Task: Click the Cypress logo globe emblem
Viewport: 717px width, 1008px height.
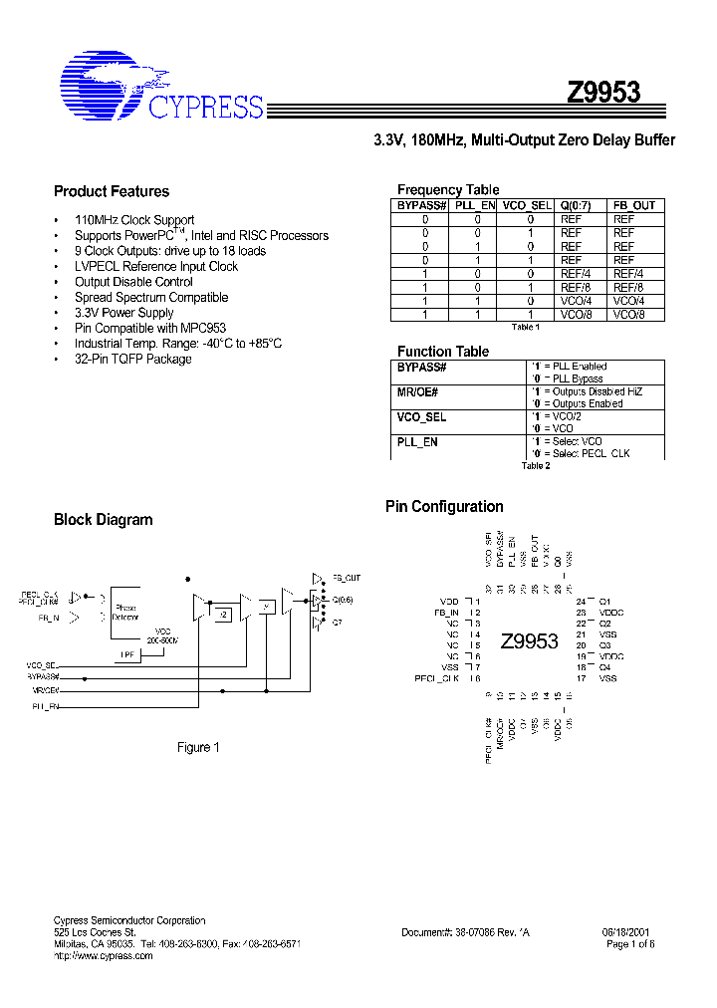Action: (x=102, y=84)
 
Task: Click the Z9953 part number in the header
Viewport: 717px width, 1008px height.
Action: (x=603, y=93)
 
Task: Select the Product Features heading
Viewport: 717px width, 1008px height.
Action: (x=112, y=191)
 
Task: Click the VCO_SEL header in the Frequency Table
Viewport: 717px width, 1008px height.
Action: (x=526, y=205)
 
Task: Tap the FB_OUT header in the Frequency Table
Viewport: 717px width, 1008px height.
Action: (x=633, y=205)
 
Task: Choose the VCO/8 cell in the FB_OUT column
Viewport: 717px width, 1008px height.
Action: (x=628, y=314)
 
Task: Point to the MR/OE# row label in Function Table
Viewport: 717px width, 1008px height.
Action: (x=417, y=392)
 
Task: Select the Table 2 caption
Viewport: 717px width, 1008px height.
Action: (x=535, y=465)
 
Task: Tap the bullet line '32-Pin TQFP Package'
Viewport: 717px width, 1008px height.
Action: (x=132, y=359)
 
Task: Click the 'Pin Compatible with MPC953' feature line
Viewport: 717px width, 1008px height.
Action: (x=149, y=328)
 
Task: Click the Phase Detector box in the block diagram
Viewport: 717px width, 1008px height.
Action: (x=126, y=612)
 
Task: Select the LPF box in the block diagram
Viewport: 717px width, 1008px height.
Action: (x=126, y=654)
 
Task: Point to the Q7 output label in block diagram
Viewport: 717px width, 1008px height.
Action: (x=337, y=623)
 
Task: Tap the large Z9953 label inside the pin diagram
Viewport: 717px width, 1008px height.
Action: (x=529, y=640)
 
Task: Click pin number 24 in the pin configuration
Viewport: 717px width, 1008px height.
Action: (x=581, y=602)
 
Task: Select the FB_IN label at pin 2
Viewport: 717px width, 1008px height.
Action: (x=446, y=614)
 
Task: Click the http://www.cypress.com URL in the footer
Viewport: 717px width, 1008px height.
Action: (x=103, y=955)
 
